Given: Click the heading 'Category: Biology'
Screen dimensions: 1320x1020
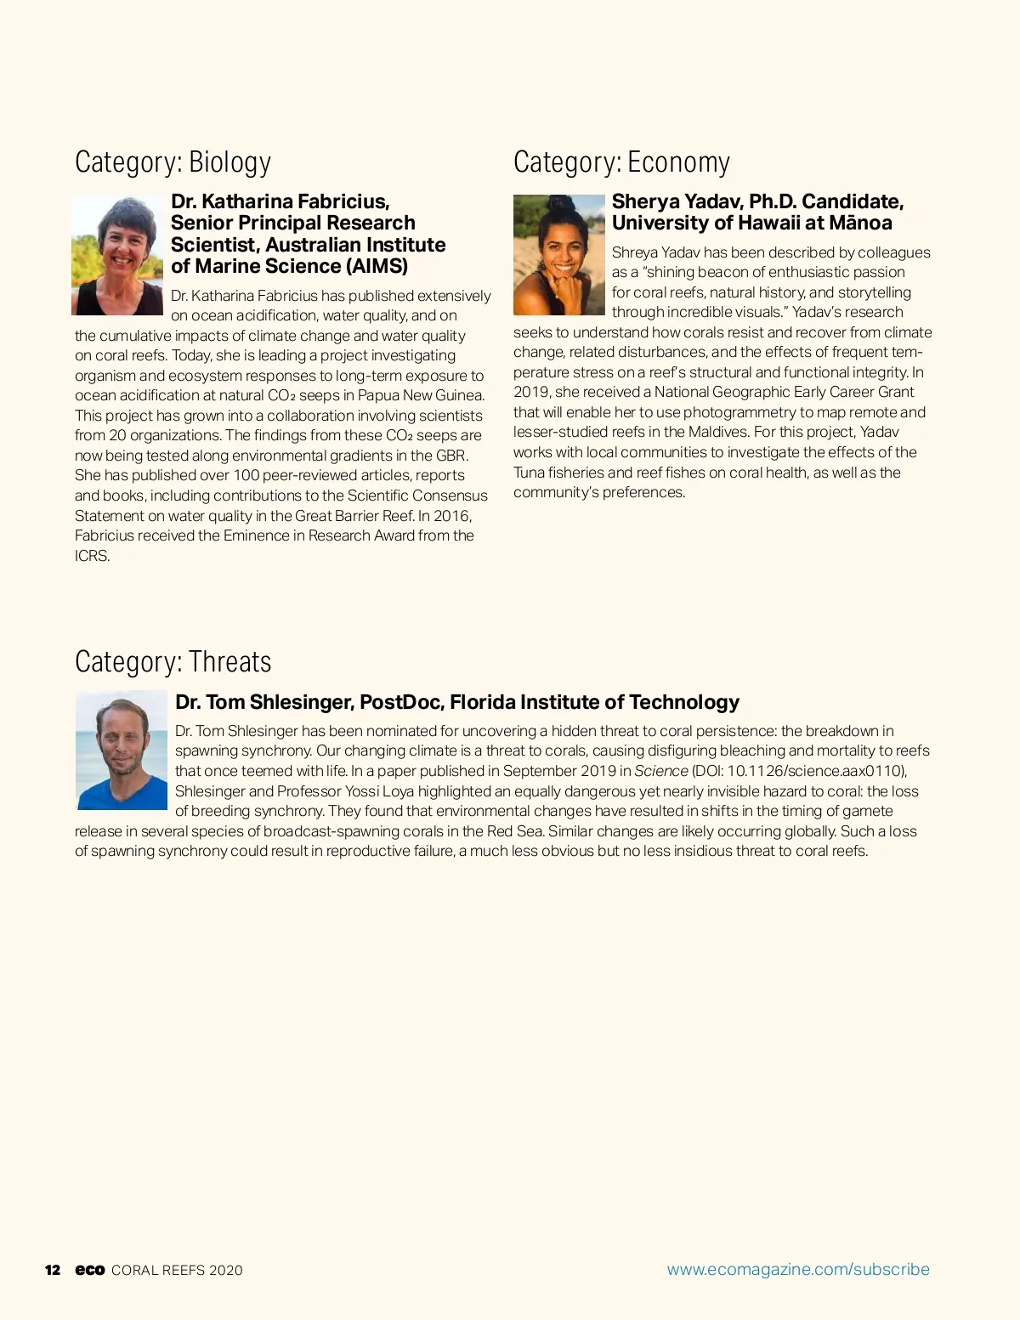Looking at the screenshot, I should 173,162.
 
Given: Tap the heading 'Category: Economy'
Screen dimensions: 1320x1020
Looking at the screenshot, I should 621,162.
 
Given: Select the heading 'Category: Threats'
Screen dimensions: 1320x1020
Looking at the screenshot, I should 173,661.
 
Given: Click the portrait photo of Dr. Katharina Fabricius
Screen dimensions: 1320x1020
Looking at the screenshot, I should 118,255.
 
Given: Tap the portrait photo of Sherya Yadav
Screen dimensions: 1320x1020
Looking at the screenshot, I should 558,255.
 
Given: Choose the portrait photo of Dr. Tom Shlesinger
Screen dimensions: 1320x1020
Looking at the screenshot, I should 122,751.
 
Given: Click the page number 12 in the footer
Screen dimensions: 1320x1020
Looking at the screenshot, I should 53,1270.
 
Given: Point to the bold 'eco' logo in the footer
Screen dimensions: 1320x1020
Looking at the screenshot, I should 89,1270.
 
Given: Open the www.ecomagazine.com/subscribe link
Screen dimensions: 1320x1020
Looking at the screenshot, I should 798,1269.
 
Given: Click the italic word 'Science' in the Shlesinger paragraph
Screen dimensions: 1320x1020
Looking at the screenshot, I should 660,771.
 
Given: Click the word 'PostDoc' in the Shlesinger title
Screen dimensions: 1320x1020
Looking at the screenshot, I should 399,702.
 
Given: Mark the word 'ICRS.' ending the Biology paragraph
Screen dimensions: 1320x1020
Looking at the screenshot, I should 93,556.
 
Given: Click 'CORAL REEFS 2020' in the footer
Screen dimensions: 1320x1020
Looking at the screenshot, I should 177,1270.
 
